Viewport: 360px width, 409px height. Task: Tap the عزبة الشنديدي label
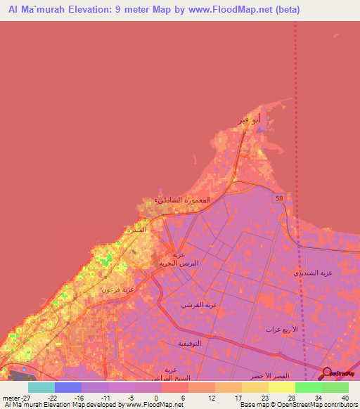(x=314, y=272)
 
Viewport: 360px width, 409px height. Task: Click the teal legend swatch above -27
(x=41, y=387)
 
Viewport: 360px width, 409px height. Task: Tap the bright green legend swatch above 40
(x=335, y=387)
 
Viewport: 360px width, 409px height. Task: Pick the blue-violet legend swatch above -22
(x=68, y=387)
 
